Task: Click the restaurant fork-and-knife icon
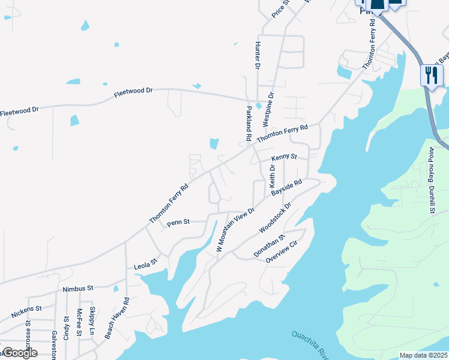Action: click(x=431, y=76)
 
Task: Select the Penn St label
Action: click(x=178, y=222)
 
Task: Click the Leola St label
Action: click(x=145, y=262)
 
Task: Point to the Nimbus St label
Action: click(x=79, y=289)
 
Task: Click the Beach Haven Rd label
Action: click(x=117, y=319)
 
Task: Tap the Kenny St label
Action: click(x=284, y=157)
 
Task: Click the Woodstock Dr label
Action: click(x=275, y=218)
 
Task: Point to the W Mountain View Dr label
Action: click(x=235, y=230)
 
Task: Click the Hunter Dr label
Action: click(x=257, y=54)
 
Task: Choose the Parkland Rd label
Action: click(x=248, y=123)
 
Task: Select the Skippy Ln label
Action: click(x=92, y=322)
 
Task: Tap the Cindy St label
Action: click(x=66, y=328)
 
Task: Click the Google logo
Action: click(x=20, y=352)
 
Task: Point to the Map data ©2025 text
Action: click(x=423, y=355)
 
